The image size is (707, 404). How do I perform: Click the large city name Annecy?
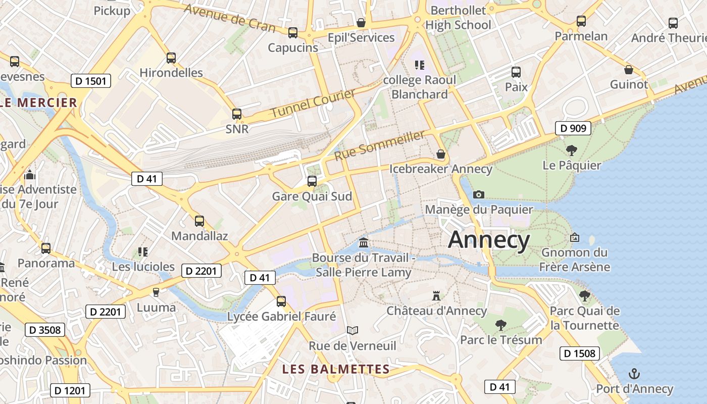click(x=489, y=239)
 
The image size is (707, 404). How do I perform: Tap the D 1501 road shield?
click(x=91, y=81)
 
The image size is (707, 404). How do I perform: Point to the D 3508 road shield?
click(x=45, y=330)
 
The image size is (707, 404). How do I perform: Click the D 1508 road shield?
click(x=579, y=353)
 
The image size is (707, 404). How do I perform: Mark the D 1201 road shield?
click(x=70, y=390)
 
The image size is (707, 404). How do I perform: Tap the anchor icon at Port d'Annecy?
click(x=634, y=374)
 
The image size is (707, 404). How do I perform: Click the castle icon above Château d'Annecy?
click(x=436, y=295)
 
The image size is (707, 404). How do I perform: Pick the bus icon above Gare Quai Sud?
click(x=312, y=181)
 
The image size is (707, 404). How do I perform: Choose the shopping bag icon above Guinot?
click(x=629, y=69)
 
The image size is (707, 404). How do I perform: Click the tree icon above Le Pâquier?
click(x=572, y=150)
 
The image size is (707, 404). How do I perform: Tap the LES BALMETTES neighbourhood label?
click(x=336, y=369)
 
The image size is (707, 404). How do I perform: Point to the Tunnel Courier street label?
click(x=313, y=104)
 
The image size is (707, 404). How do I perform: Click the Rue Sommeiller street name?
click(x=380, y=145)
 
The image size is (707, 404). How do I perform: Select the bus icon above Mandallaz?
click(x=199, y=221)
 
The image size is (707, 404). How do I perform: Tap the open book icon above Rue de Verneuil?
click(x=352, y=331)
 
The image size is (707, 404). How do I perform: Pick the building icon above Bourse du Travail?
click(x=363, y=243)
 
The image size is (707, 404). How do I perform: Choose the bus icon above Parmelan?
click(x=581, y=21)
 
